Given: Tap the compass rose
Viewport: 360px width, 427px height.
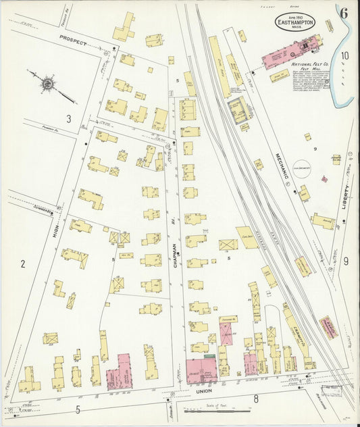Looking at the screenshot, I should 48,84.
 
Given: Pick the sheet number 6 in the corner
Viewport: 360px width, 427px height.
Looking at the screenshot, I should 344,12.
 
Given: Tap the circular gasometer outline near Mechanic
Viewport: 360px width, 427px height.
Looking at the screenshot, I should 302,170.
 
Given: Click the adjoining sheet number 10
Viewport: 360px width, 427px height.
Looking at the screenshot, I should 345,56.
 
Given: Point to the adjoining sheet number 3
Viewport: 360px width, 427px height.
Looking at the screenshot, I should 68,119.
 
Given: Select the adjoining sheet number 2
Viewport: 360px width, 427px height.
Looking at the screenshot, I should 22,263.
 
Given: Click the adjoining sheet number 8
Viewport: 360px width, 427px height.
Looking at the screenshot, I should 256,399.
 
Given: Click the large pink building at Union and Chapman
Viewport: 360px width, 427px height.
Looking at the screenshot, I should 201,371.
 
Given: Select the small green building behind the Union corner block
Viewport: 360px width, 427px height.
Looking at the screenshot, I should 210,356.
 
